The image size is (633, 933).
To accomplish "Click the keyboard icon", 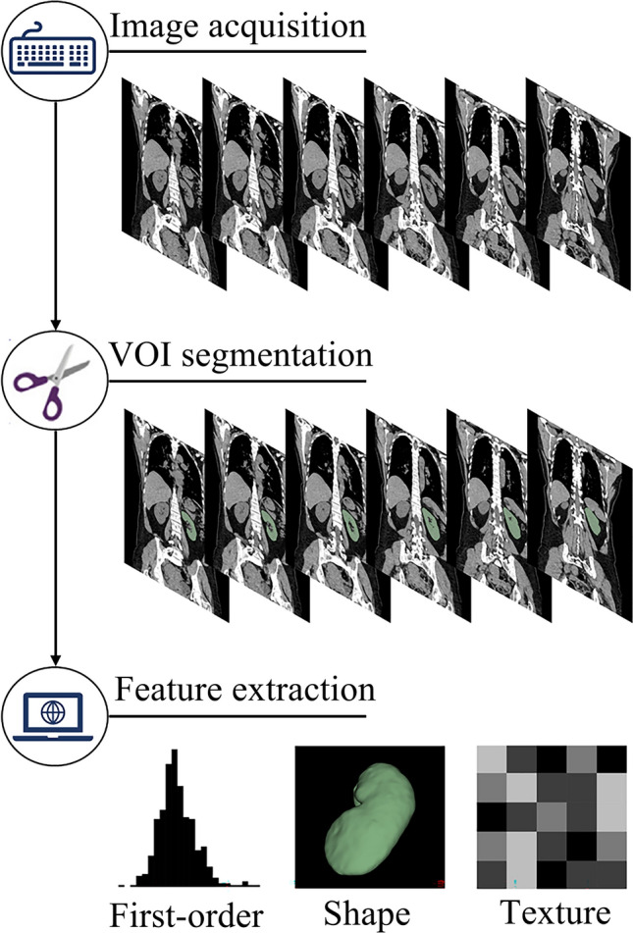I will (55, 52).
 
